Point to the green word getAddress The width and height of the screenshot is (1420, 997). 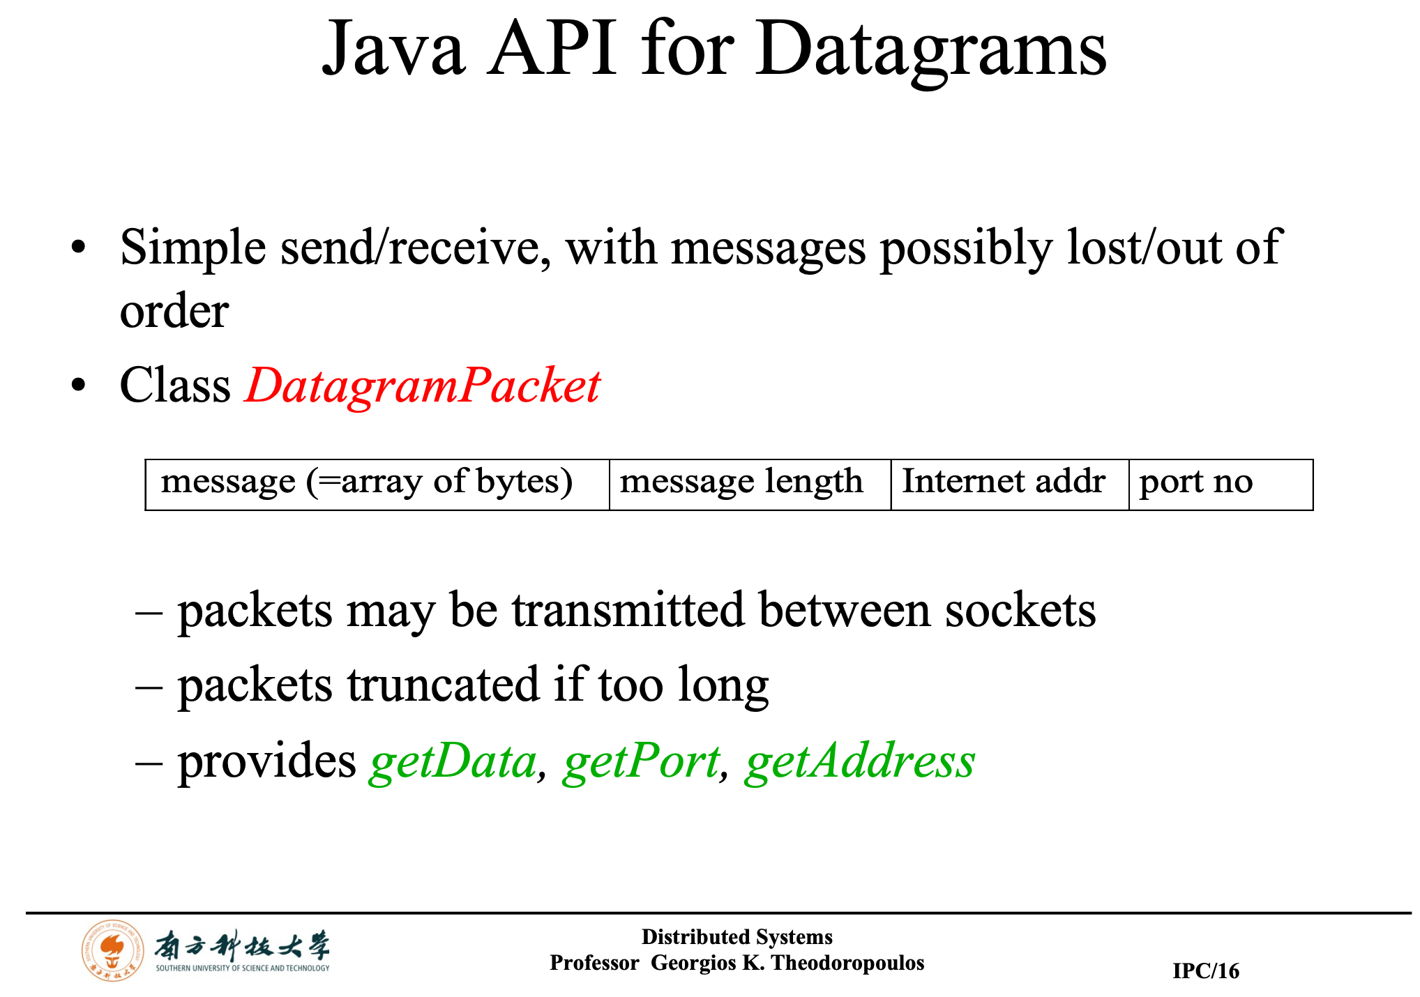[860, 762]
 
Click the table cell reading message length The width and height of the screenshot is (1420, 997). [750, 485]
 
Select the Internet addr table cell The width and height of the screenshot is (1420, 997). [1010, 485]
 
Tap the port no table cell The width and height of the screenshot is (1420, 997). [1221, 485]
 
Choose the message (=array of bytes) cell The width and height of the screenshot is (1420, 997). [377, 485]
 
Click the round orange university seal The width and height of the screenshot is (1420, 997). [113, 950]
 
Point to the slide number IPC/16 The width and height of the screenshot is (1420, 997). [1206, 971]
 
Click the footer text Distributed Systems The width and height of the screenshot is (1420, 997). [737, 936]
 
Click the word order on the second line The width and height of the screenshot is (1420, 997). [174, 311]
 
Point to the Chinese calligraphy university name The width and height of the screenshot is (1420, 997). [242, 946]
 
